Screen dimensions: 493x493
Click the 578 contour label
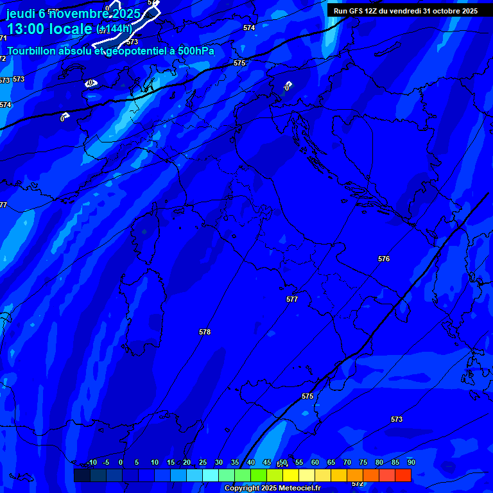[205, 332]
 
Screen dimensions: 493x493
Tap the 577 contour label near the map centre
[292, 299]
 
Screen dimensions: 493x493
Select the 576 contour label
[384, 259]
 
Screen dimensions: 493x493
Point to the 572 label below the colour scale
[358, 483]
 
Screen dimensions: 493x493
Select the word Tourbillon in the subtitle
[33, 51]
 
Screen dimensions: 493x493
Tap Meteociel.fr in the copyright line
[300, 489]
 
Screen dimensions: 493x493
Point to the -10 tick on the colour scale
[91, 463]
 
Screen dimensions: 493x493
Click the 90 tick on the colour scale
[411, 463]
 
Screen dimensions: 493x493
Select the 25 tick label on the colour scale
[203, 463]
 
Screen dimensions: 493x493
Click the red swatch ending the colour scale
[403, 475]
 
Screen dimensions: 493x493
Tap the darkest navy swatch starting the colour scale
[82, 475]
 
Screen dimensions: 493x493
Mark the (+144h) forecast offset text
[114, 29]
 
